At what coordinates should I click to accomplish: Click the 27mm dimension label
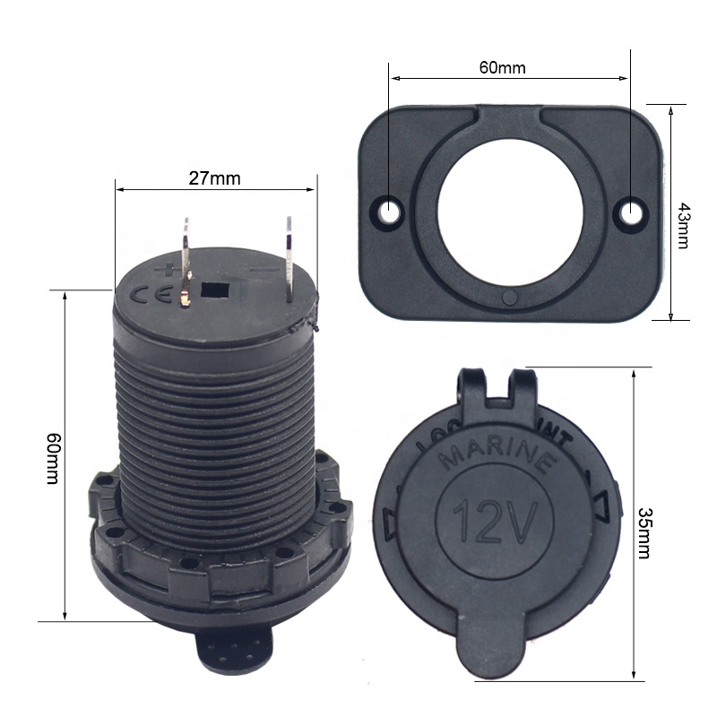point(215,177)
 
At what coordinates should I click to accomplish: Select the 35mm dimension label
point(644,532)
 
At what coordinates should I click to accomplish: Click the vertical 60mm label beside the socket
point(54,458)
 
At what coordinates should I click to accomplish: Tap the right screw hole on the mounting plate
point(632,212)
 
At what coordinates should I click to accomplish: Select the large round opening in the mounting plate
point(511,208)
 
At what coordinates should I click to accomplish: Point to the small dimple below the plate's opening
point(510,298)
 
